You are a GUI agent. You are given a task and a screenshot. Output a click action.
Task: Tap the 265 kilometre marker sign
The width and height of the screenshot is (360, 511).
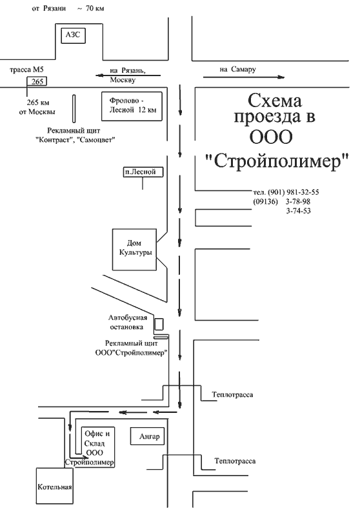click(x=37, y=81)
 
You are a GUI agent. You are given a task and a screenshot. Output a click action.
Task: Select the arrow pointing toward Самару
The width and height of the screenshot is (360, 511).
click(x=244, y=77)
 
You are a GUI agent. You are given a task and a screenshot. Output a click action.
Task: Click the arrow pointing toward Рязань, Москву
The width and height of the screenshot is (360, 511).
click(x=128, y=75)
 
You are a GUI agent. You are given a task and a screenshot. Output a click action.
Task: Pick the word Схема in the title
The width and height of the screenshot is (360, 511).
click(x=275, y=101)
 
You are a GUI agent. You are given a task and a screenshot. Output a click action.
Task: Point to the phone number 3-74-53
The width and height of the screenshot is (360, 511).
click(x=299, y=211)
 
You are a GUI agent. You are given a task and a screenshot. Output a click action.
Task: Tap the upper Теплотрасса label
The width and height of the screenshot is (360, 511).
click(x=232, y=395)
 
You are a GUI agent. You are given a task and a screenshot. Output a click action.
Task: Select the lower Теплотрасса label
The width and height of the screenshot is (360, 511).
click(x=235, y=461)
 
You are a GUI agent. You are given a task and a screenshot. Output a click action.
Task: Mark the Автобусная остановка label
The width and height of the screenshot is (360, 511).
click(x=128, y=322)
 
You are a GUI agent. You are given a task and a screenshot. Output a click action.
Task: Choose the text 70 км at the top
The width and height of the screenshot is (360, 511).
click(x=95, y=8)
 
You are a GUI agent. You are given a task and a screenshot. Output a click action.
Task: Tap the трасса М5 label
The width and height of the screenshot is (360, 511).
click(x=26, y=70)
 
